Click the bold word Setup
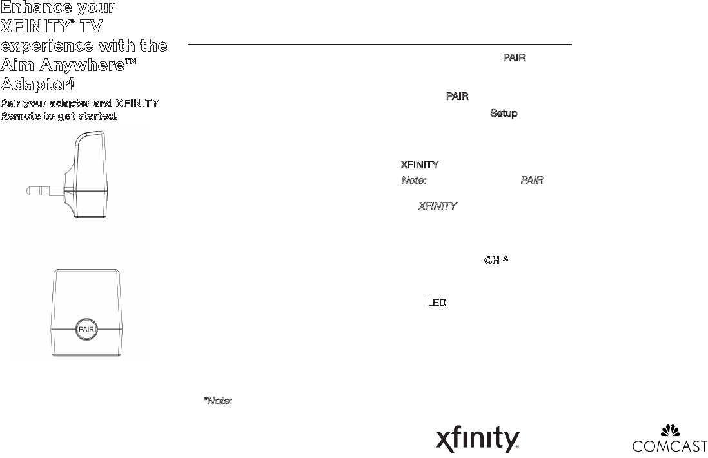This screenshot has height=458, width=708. coord(504,114)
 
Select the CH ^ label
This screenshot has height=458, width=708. coord(497,261)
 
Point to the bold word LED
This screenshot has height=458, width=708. coord(437,303)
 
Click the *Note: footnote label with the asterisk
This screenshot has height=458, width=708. coord(218,401)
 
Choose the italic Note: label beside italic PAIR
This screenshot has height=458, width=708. coord(413,181)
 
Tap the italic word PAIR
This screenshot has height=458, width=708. coord(531,181)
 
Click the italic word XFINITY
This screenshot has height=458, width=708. coord(438,206)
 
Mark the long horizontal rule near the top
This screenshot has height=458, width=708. coord(379,45)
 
